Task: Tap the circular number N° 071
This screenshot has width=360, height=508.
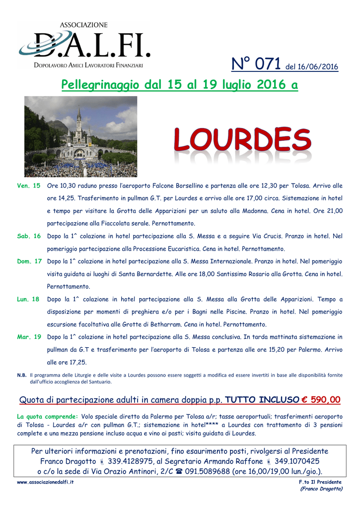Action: pos(257,64)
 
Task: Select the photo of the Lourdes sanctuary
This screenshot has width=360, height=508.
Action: pos(81,136)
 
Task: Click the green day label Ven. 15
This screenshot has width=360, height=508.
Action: pos(29,186)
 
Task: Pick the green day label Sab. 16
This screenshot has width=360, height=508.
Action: pos(29,236)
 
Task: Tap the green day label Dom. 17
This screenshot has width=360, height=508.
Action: pos(29,261)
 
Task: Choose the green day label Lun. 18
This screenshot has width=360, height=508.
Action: pos(29,299)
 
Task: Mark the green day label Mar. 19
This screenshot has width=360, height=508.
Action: pos(29,337)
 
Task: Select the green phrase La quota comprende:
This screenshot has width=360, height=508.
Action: pos(48,416)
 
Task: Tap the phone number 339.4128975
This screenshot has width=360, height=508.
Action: pos(132,461)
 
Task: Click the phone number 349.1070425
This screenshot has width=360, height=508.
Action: pos(297,461)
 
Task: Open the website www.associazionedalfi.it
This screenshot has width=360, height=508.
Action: pos(45,483)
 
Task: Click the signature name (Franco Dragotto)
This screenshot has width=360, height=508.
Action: pos(322,489)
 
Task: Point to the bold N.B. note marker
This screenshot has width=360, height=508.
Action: pos(22,376)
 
